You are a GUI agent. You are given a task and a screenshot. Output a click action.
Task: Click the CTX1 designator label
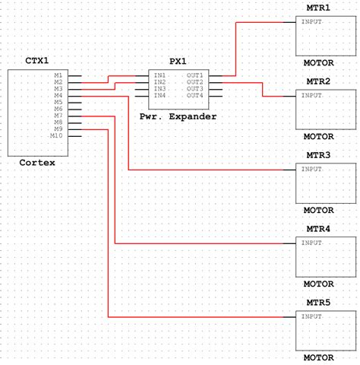click(x=36, y=60)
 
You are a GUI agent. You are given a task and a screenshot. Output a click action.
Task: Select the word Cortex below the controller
click(x=36, y=162)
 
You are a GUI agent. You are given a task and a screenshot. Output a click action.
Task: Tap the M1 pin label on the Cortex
click(x=58, y=75)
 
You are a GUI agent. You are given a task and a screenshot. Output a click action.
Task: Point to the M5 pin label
click(x=58, y=102)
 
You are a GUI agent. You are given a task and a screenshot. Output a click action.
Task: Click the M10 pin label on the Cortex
click(x=55, y=136)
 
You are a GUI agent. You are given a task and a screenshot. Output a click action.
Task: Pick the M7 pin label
click(x=58, y=116)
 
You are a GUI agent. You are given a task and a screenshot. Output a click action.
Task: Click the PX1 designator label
click(x=178, y=60)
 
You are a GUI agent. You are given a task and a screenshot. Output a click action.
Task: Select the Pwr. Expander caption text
click(x=178, y=116)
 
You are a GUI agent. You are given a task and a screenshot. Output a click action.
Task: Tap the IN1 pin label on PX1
click(x=160, y=75)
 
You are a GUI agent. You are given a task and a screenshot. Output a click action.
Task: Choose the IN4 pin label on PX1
click(x=160, y=96)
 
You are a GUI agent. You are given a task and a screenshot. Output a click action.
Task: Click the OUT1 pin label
click(x=195, y=75)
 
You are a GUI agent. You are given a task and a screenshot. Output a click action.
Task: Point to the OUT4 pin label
click(x=195, y=96)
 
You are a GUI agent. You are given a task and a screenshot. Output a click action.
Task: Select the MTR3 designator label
click(x=318, y=154)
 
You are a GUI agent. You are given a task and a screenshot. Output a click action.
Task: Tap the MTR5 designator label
click(x=318, y=302)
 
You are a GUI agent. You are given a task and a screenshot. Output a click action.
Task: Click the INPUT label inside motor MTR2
click(x=311, y=95)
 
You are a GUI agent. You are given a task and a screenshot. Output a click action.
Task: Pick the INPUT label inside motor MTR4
click(x=311, y=243)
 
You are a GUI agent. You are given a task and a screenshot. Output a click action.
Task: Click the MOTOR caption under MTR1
click(x=318, y=63)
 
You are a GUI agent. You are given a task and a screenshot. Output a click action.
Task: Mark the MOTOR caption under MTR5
click(x=318, y=357)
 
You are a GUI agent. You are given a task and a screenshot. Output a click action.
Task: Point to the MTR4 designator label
click(x=318, y=228)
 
